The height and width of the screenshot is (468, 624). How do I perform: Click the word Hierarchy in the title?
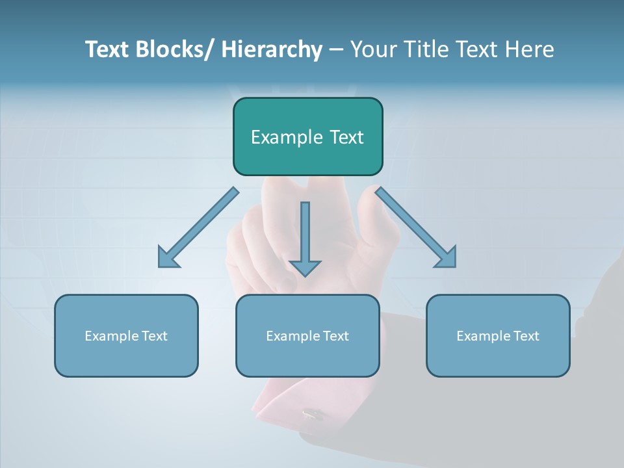tap(272, 49)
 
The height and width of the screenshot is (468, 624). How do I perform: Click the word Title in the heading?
tap(432, 49)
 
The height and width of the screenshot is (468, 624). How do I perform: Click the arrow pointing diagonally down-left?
tap(198, 227)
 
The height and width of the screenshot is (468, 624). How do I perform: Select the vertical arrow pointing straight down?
tap(305, 234)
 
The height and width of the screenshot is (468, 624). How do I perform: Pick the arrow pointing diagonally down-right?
tap(416, 227)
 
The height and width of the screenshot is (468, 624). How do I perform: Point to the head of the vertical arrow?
tap(305, 268)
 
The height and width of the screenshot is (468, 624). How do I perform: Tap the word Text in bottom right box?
tap(526, 336)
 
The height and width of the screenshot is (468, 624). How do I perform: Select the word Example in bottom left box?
tap(111, 336)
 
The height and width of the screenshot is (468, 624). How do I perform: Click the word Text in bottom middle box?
tap(335, 336)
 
